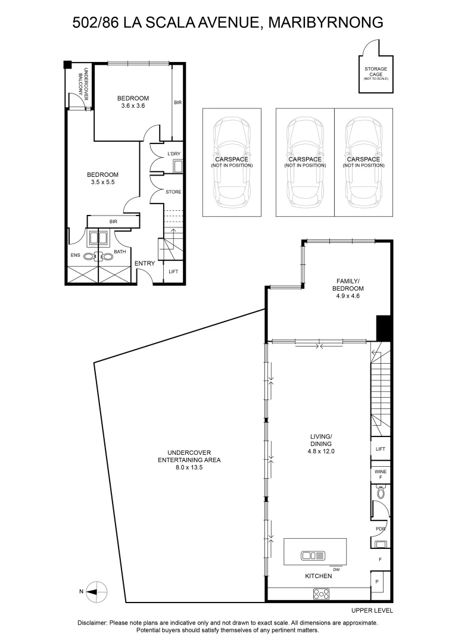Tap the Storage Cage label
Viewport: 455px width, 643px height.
pos(376,72)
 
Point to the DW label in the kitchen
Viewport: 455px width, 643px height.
pos(336,570)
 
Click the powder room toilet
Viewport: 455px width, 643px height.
pos(381,494)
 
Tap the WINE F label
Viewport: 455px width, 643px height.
pos(381,474)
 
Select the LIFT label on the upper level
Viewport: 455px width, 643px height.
pos(381,450)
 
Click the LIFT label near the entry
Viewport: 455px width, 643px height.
pos(173,271)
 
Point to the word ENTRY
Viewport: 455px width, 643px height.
pos(145,263)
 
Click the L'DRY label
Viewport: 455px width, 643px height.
pos(174,154)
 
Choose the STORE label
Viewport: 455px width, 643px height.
pos(174,192)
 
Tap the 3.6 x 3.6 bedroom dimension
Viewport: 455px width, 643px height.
pos(133,105)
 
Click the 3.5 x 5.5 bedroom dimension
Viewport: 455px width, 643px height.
pos(102,182)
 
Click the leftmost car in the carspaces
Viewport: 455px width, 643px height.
pos(231,161)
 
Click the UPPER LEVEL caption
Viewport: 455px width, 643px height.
pos(372,610)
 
